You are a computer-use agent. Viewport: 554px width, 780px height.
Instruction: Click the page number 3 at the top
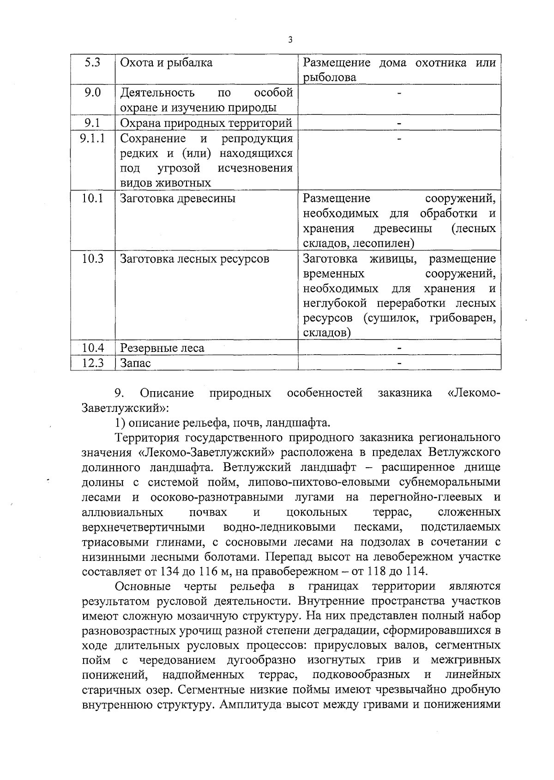click(x=290, y=40)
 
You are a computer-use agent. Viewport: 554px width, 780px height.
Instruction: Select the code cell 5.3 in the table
click(x=93, y=63)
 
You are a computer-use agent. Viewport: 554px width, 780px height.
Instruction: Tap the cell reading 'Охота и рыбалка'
click(x=166, y=63)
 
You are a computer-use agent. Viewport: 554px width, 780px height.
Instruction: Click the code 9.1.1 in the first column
click(x=92, y=138)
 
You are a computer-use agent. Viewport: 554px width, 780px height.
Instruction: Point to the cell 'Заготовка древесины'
click(x=178, y=198)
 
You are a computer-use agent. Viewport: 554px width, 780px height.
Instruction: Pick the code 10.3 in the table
click(x=93, y=258)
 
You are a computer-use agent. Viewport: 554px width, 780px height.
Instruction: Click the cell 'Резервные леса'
click(x=162, y=348)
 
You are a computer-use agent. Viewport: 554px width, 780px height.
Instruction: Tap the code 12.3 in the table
click(x=93, y=363)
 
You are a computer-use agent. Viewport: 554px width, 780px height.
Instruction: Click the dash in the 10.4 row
click(x=399, y=348)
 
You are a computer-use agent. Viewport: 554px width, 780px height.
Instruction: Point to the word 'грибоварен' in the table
click(x=462, y=318)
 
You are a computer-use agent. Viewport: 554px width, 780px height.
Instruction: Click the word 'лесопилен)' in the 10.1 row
click(x=386, y=243)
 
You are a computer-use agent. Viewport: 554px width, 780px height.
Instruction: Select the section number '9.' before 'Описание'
click(x=118, y=393)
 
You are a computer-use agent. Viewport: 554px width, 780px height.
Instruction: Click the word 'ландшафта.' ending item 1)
click(x=304, y=422)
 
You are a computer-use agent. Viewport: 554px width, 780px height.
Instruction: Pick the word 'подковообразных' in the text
click(x=361, y=675)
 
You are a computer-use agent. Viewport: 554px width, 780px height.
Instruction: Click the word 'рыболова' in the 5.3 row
click(x=330, y=77)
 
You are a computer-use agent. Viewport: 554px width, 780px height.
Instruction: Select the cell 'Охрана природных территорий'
click(x=206, y=123)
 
